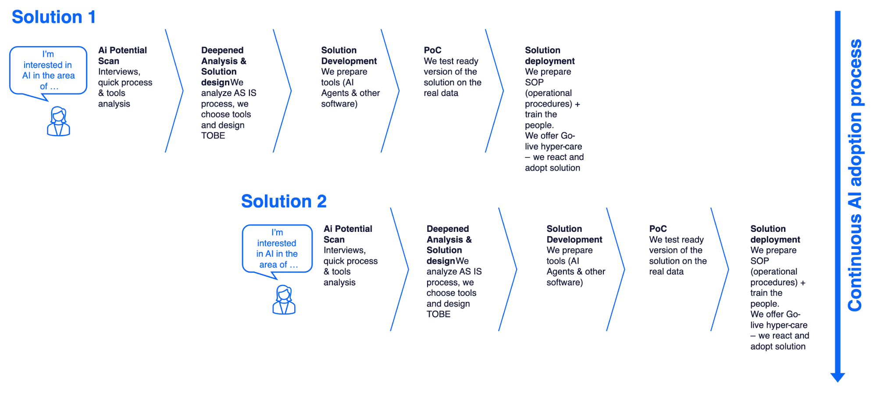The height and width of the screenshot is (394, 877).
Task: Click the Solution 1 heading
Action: (53, 18)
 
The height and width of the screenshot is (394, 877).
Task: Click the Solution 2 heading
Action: (284, 202)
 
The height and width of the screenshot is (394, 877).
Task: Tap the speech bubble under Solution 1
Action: (48, 70)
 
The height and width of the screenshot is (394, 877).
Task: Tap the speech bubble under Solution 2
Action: (277, 248)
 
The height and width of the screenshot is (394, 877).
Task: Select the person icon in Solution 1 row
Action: (58, 121)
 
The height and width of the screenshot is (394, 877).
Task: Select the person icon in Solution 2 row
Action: (284, 300)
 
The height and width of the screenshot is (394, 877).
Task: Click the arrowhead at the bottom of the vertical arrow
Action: (838, 377)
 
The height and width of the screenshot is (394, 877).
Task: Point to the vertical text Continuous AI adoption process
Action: (855, 175)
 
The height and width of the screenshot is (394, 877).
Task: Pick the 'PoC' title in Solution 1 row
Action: (432, 50)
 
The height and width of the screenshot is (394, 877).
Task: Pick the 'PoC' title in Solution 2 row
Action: (658, 229)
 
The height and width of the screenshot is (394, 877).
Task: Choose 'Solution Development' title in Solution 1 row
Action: (349, 56)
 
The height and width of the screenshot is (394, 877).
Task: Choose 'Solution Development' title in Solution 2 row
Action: (574, 234)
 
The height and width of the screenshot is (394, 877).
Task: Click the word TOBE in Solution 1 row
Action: (213, 136)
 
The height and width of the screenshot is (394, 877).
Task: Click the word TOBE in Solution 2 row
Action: (438, 314)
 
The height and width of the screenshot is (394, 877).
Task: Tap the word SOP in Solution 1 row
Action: (534, 82)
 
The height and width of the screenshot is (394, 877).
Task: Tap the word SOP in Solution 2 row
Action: (759, 261)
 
